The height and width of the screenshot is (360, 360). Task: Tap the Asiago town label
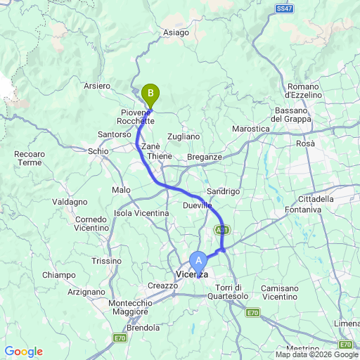[175, 32]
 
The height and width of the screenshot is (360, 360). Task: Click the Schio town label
[97, 151]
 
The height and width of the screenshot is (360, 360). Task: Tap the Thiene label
[160, 156]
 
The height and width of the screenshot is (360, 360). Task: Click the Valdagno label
[69, 202]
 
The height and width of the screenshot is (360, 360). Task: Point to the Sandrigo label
[224, 191]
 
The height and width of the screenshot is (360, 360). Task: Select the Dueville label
[197, 205]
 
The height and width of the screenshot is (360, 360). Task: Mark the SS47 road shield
[283, 8]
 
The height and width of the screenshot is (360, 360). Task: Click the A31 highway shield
[222, 230]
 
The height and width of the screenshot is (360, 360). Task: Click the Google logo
[23, 352]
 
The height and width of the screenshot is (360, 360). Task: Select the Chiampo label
[58, 275]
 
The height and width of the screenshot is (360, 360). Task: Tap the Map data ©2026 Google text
[316, 354]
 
